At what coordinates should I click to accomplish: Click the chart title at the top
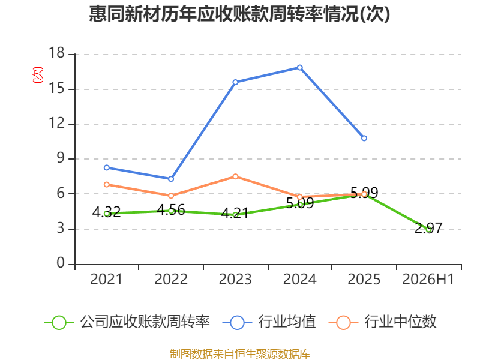click(239, 14)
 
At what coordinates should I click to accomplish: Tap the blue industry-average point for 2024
click(299, 67)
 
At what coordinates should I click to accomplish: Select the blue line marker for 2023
click(235, 82)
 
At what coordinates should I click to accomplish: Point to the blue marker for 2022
click(171, 179)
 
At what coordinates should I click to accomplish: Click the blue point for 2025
click(364, 138)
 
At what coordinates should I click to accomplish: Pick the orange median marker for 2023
click(235, 176)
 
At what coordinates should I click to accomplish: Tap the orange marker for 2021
click(107, 185)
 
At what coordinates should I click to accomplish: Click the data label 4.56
click(171, 210)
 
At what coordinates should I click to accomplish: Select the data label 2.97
click(428, 229)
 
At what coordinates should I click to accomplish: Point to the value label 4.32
click(107, 212)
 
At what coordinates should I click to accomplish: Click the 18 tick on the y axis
click(57, 53)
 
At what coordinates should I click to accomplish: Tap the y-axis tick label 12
click(57, 123)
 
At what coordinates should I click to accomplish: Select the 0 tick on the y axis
click(61, 263)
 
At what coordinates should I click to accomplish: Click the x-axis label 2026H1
click(428, 280)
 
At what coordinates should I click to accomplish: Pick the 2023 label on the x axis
click(235, 280)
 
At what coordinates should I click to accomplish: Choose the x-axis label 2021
click(106, 280)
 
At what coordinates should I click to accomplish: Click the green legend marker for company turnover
click(59, 323)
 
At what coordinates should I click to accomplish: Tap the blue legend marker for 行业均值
click(237, 323)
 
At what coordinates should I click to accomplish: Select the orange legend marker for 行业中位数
click(343, 323)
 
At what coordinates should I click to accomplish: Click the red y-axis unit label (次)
click(38, 75)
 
